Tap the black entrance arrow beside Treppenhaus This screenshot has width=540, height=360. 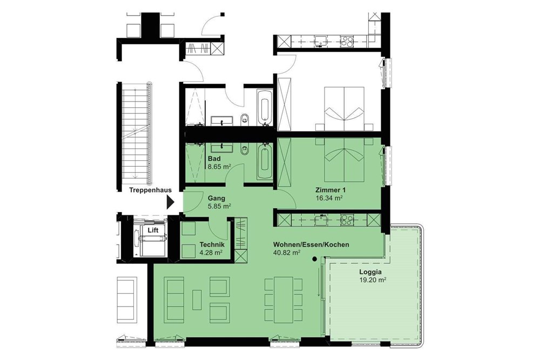tap(171, 202)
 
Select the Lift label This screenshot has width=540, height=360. tap(154, 229)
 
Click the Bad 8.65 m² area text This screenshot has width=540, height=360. tap(219, 167)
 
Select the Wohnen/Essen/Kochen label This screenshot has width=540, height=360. tap(310, 244)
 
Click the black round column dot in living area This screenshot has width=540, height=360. tap(314, 259)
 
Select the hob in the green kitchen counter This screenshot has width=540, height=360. tap(346, 220)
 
